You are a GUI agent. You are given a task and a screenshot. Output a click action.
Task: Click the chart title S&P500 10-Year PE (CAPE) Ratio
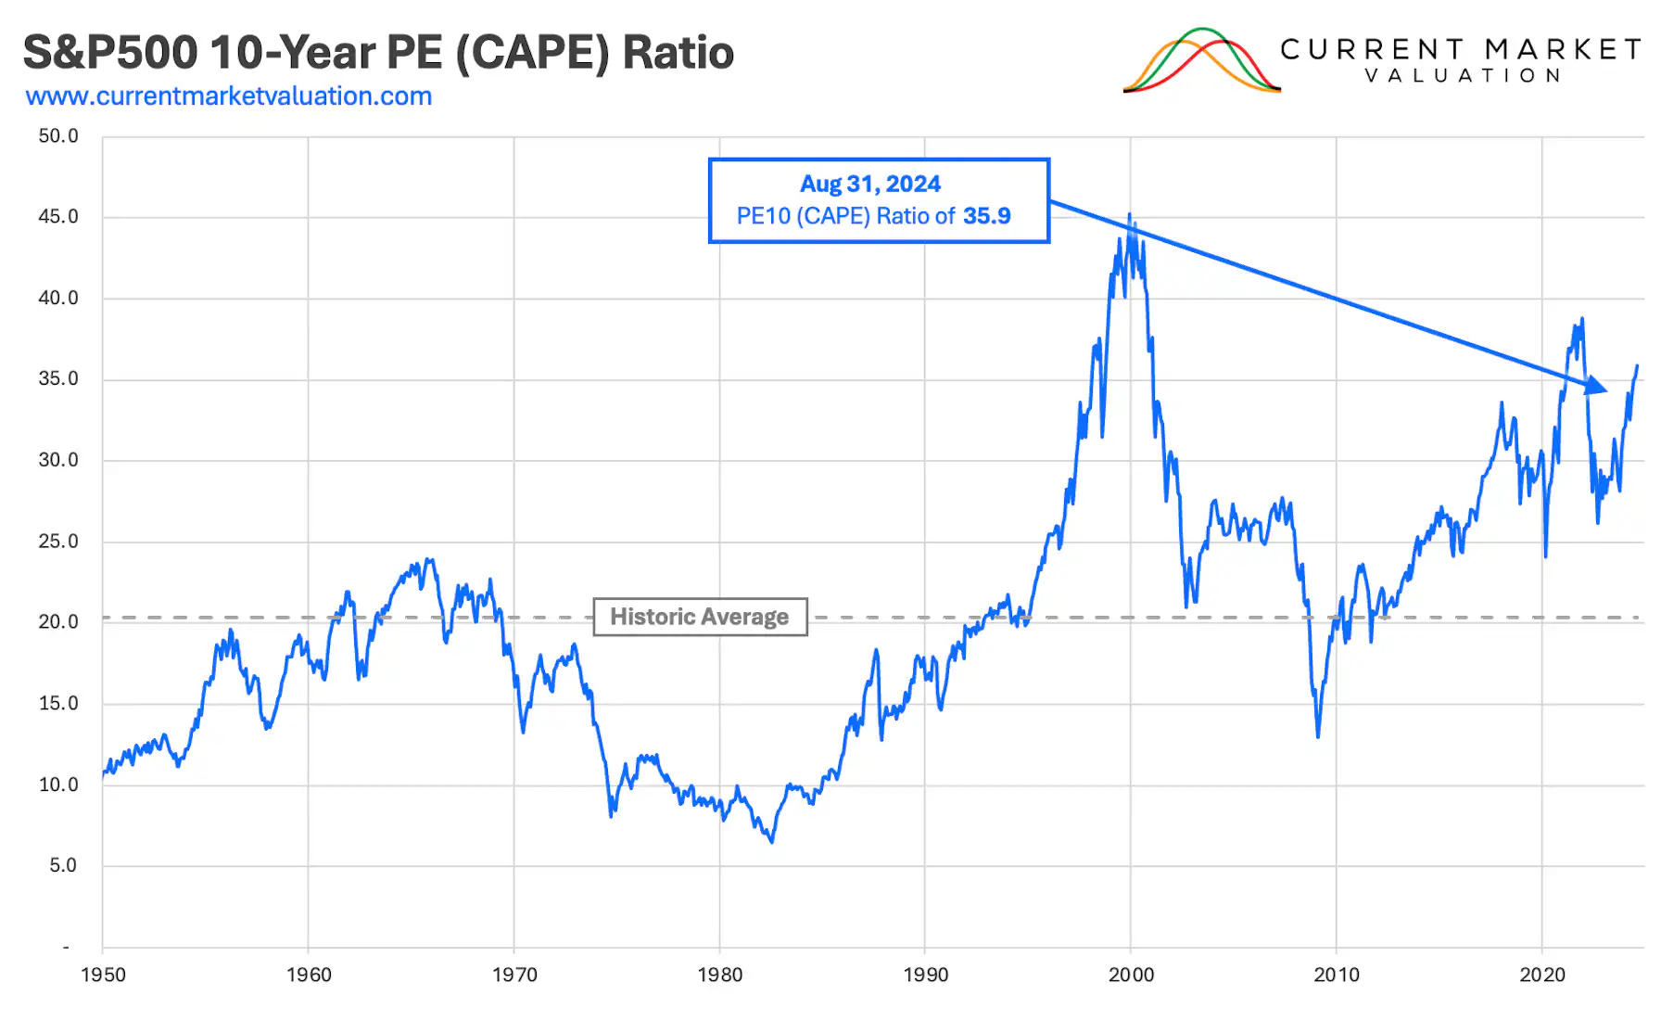tap(378, 53)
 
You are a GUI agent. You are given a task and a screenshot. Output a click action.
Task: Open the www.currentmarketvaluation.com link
tap(229, 96)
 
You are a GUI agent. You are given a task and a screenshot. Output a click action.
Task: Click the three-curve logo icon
tap(1201, 61)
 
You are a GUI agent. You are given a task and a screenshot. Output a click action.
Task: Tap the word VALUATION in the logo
tap(1463, 76)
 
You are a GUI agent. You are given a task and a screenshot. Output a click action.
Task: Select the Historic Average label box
tap(700, 618)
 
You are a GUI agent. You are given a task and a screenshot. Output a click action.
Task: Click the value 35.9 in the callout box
tap(986, 216)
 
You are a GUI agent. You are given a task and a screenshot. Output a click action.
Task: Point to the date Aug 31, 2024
tap(869, 184)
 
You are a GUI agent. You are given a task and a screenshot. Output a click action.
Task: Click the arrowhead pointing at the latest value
tap(1596, 385)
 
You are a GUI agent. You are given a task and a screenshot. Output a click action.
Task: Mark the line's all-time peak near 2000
tap(1129, 215)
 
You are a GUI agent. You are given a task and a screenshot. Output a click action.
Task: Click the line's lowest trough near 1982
tap(772, 841)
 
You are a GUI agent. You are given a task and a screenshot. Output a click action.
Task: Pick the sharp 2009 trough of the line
tap(1318, 736)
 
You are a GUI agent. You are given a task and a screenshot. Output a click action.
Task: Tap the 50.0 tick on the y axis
tap(58, 136)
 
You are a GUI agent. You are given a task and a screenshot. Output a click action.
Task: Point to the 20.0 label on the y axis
tap(58, 622)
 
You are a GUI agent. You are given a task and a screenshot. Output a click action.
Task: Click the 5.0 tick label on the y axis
tap(63, 865)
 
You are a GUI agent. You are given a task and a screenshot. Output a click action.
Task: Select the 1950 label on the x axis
tap(103, 975)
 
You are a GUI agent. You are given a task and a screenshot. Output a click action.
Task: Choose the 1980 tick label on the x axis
tap(720, 975)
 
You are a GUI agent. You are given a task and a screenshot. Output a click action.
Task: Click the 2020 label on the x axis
tap(1542, 975)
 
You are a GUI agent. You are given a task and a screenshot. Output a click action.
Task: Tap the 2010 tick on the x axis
tap(1337, 975)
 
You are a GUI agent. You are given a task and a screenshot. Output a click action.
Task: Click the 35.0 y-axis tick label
tap(58, 379)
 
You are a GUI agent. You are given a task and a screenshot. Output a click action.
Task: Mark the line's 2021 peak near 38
tap(1582, 319)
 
